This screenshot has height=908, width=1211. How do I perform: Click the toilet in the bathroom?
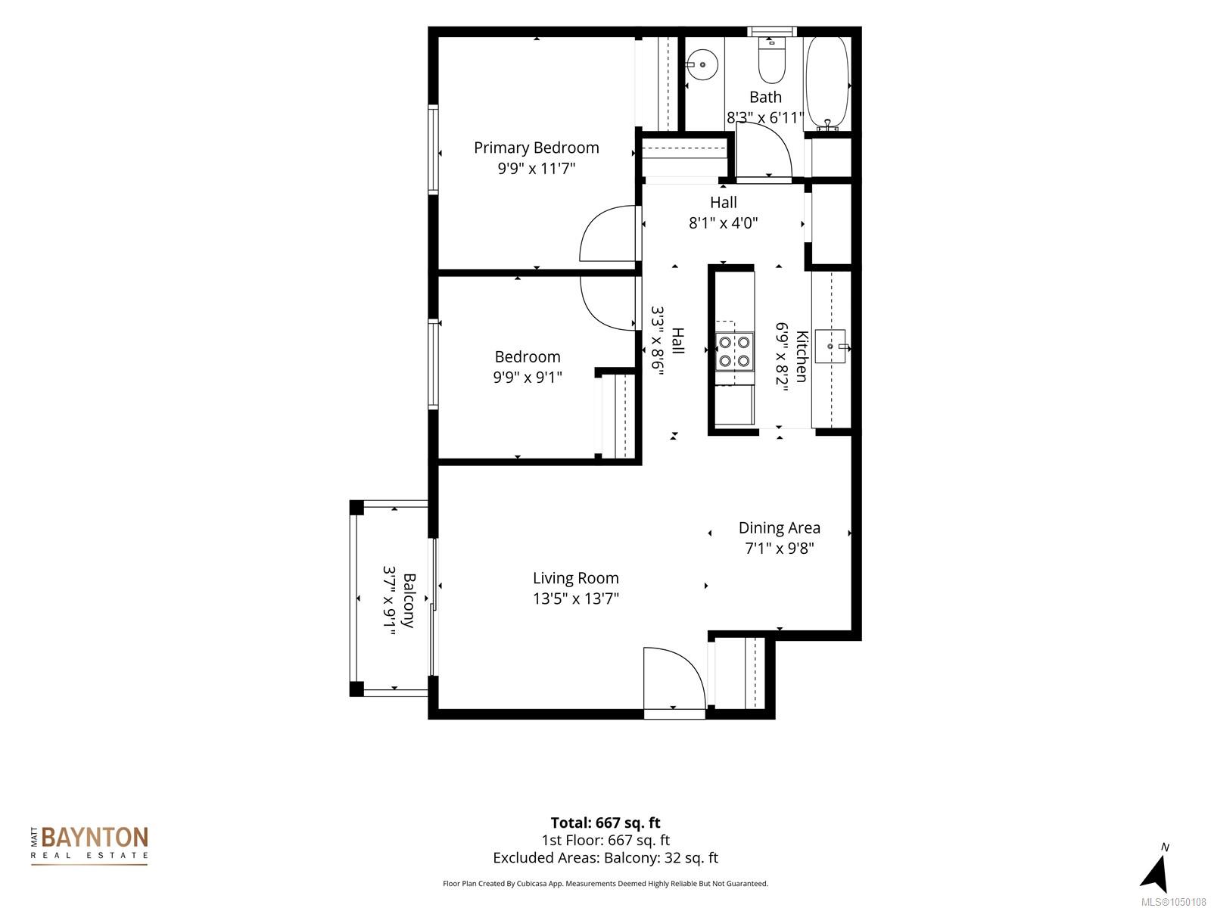point(771,60)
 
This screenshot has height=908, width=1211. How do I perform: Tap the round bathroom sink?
point(702,64)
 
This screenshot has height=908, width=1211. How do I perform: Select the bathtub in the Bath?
point(827,83)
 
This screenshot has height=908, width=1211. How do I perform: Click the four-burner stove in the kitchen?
point(734,351)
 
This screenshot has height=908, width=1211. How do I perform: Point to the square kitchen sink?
point(830,347)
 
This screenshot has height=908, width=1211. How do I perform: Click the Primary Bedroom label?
point(537,148)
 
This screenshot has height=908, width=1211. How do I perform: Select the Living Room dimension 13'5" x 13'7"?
point(575,599)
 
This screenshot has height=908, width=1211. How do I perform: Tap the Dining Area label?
point(779,527)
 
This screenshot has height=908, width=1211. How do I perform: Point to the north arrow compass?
point(1155,869)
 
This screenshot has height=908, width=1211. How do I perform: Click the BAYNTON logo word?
point(95,837)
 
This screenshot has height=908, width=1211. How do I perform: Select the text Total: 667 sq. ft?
point(605,822)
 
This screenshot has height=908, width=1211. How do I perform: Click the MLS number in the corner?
point(1173,902)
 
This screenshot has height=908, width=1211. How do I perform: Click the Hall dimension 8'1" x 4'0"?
point(723,222)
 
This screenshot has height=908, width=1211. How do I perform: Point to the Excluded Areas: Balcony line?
point(605,858)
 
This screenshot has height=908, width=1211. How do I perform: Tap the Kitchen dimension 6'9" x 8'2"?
point(783,356)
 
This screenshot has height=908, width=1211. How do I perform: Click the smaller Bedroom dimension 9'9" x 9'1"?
point(527,377)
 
